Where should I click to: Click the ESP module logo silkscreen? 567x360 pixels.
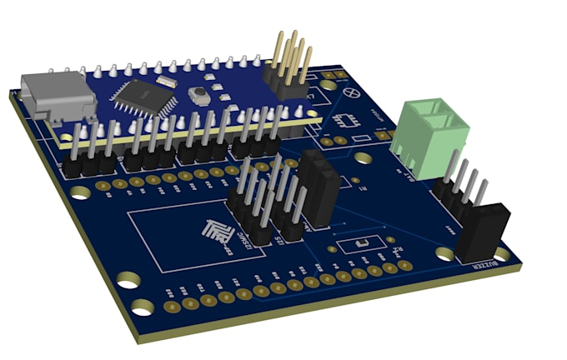tap(219, 235)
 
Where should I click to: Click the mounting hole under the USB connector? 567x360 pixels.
tap(80, 193)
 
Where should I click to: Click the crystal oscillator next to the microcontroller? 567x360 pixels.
tap(166, 82)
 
